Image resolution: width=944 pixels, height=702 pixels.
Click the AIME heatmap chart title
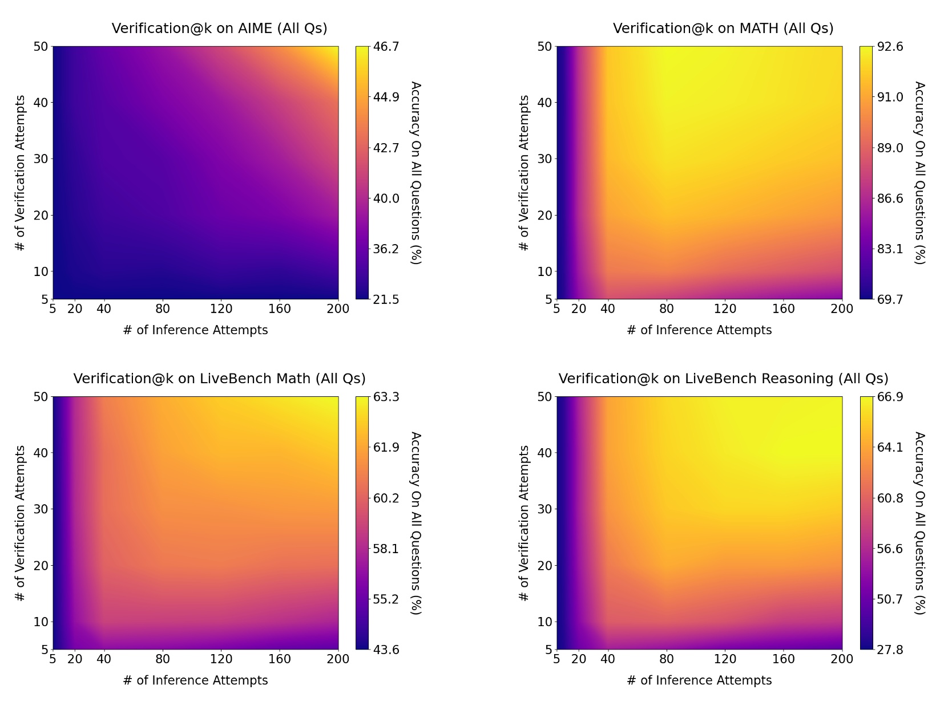point(219,29)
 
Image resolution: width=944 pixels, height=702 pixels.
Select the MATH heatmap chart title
point(723,29)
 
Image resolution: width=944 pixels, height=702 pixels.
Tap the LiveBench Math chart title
point(219,379)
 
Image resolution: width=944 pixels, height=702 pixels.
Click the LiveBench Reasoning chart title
point(723,379)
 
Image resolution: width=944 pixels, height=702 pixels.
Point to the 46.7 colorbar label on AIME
point(386,47)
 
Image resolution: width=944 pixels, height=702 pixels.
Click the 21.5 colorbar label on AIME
point(386,299)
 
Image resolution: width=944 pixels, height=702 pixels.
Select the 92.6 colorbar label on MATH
point(890,47)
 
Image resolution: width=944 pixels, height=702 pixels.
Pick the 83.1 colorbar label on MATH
point(890,249)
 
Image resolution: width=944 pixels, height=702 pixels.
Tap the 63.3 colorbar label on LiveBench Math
point(386,397)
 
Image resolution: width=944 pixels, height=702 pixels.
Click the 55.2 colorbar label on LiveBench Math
point(386,599)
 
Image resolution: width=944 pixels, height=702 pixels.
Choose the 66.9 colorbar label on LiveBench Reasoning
point(890,397)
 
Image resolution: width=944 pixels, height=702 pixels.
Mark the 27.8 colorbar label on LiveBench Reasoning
point(890,650)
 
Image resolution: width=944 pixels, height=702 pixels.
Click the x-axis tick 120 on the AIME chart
point(221,309)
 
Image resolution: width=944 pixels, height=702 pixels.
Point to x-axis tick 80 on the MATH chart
point(666,309)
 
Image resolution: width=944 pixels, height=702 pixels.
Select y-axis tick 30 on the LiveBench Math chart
point(41,509)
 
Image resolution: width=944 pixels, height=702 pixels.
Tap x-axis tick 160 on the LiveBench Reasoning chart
point(783,659)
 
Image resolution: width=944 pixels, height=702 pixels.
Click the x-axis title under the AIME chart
point(195,330)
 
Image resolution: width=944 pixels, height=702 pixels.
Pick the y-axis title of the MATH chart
point(524,173)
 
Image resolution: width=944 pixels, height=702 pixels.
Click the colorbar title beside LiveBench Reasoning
point(919,523)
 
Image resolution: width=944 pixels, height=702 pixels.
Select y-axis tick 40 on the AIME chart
point(41,103)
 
